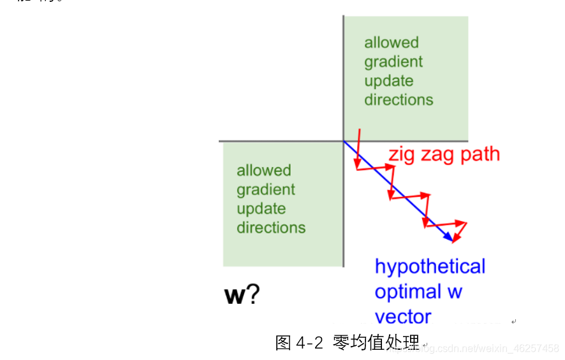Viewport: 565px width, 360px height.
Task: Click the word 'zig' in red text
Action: pyautogui.click(x=403, y=155)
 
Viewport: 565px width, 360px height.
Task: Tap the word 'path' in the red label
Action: pyautogui.click(x=478, y=155)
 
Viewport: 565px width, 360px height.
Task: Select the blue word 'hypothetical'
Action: pyautogui.click(x=430, y=266)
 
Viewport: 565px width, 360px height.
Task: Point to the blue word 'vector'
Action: pyautogui.click(x=403, y=317)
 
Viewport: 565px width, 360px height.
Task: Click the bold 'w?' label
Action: pyautogui.click(x=242, y=295)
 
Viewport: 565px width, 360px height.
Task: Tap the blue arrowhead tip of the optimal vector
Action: pyautogui.click(x=453, y=241)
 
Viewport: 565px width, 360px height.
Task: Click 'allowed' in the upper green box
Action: pyautogui.click(x=392, y=43)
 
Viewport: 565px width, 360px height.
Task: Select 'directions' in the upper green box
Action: pyautogui.click(x=399, y=100)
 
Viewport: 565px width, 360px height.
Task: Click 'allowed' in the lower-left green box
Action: pyautogui.click(x=264, y=171)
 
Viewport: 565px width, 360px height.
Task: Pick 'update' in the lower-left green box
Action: pyautogui.click(x=261, y=209)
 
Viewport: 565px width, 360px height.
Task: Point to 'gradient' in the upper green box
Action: pyautogui.click(x=393, y=62)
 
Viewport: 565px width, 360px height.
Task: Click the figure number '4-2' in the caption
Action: pyautogui.click(x=311, y=343)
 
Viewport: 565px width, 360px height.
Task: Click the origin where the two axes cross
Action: pyautogui.click(x=344, y=141)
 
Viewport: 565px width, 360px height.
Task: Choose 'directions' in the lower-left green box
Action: pyautogui.click(x=271, y=227)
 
